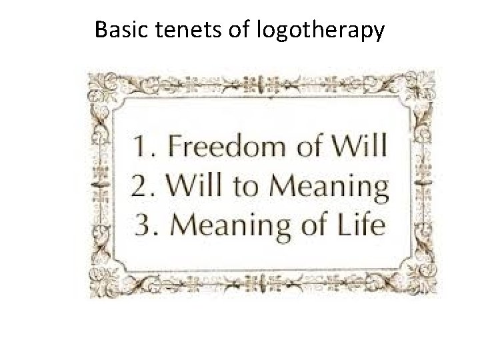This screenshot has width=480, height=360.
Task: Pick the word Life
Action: (363, 225)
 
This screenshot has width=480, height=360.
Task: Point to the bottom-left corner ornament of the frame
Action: (106, 281)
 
